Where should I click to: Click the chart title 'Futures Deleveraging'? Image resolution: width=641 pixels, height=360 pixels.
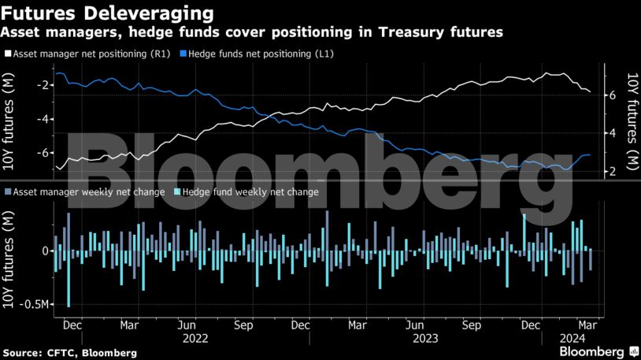coord(108,14)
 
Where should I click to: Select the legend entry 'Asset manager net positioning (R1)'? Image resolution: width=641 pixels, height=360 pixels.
coord(87,55)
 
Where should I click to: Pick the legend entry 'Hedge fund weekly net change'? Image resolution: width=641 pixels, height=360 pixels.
coord(250,191)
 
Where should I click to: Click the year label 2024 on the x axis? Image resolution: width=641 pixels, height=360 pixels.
coord(572,339)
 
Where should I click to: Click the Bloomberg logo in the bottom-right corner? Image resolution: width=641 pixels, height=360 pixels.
coord(595,351)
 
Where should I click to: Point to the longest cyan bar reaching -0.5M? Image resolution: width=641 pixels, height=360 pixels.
coord(69,279)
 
